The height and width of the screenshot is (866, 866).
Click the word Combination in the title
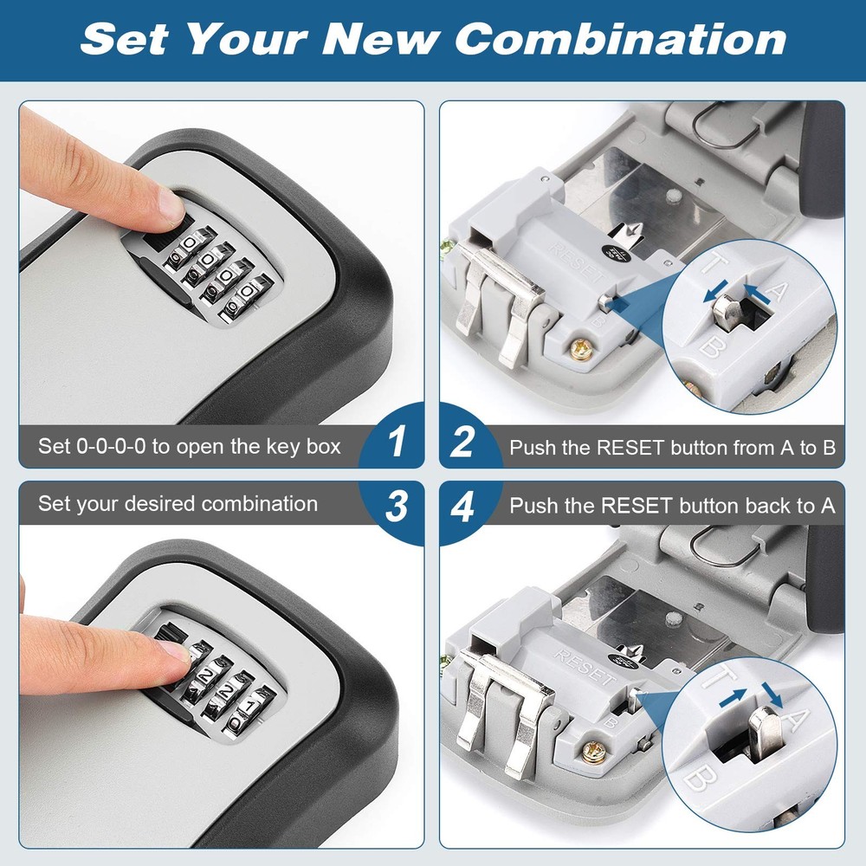[620, 39]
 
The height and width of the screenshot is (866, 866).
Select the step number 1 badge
[397, 443]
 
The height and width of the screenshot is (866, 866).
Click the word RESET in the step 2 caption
[628, 448]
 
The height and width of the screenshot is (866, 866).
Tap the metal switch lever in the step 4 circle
[759, 727]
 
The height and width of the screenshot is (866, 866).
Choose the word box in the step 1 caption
[324, 447]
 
